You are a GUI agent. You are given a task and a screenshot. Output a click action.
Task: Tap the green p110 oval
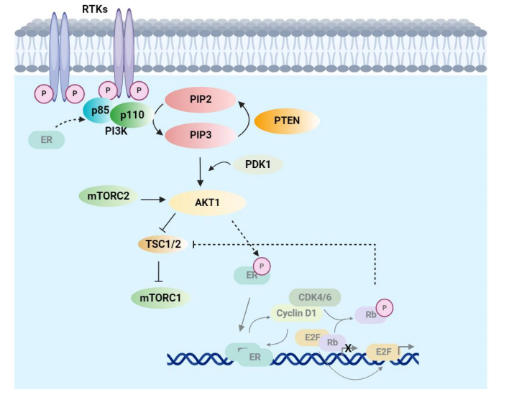tap(130, 115)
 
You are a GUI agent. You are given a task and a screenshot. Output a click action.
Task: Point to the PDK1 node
tap(257, 165)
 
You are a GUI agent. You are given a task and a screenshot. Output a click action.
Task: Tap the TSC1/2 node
tap(163, 244)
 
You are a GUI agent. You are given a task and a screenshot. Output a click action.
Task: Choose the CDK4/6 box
tap(314, 296)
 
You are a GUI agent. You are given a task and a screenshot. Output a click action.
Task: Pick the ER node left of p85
tap(47, 139)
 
